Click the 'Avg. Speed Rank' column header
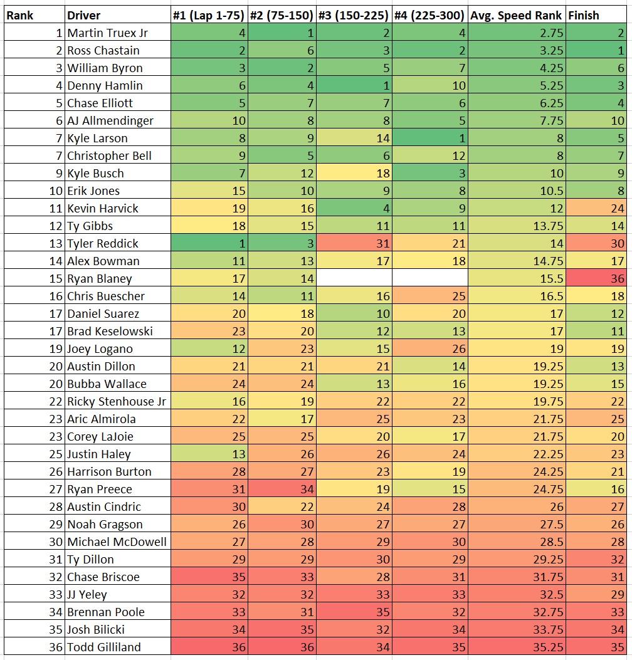pyautogui.click(x=516, y=15)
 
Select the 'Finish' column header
pyautogui.click(x=583, y=15)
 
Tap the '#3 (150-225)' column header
pyautogui.click(x=354, y=15)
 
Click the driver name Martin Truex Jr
pyautogui.click(x=108, y=33)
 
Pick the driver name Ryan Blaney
pyautogui.click(x=100, y=278)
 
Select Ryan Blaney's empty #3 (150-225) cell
pyautogui.click(x=354, y=278)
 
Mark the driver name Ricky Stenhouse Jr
pyautogui.click(x=117, y=401)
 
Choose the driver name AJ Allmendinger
pyautogui.click(x=110, y=120)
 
